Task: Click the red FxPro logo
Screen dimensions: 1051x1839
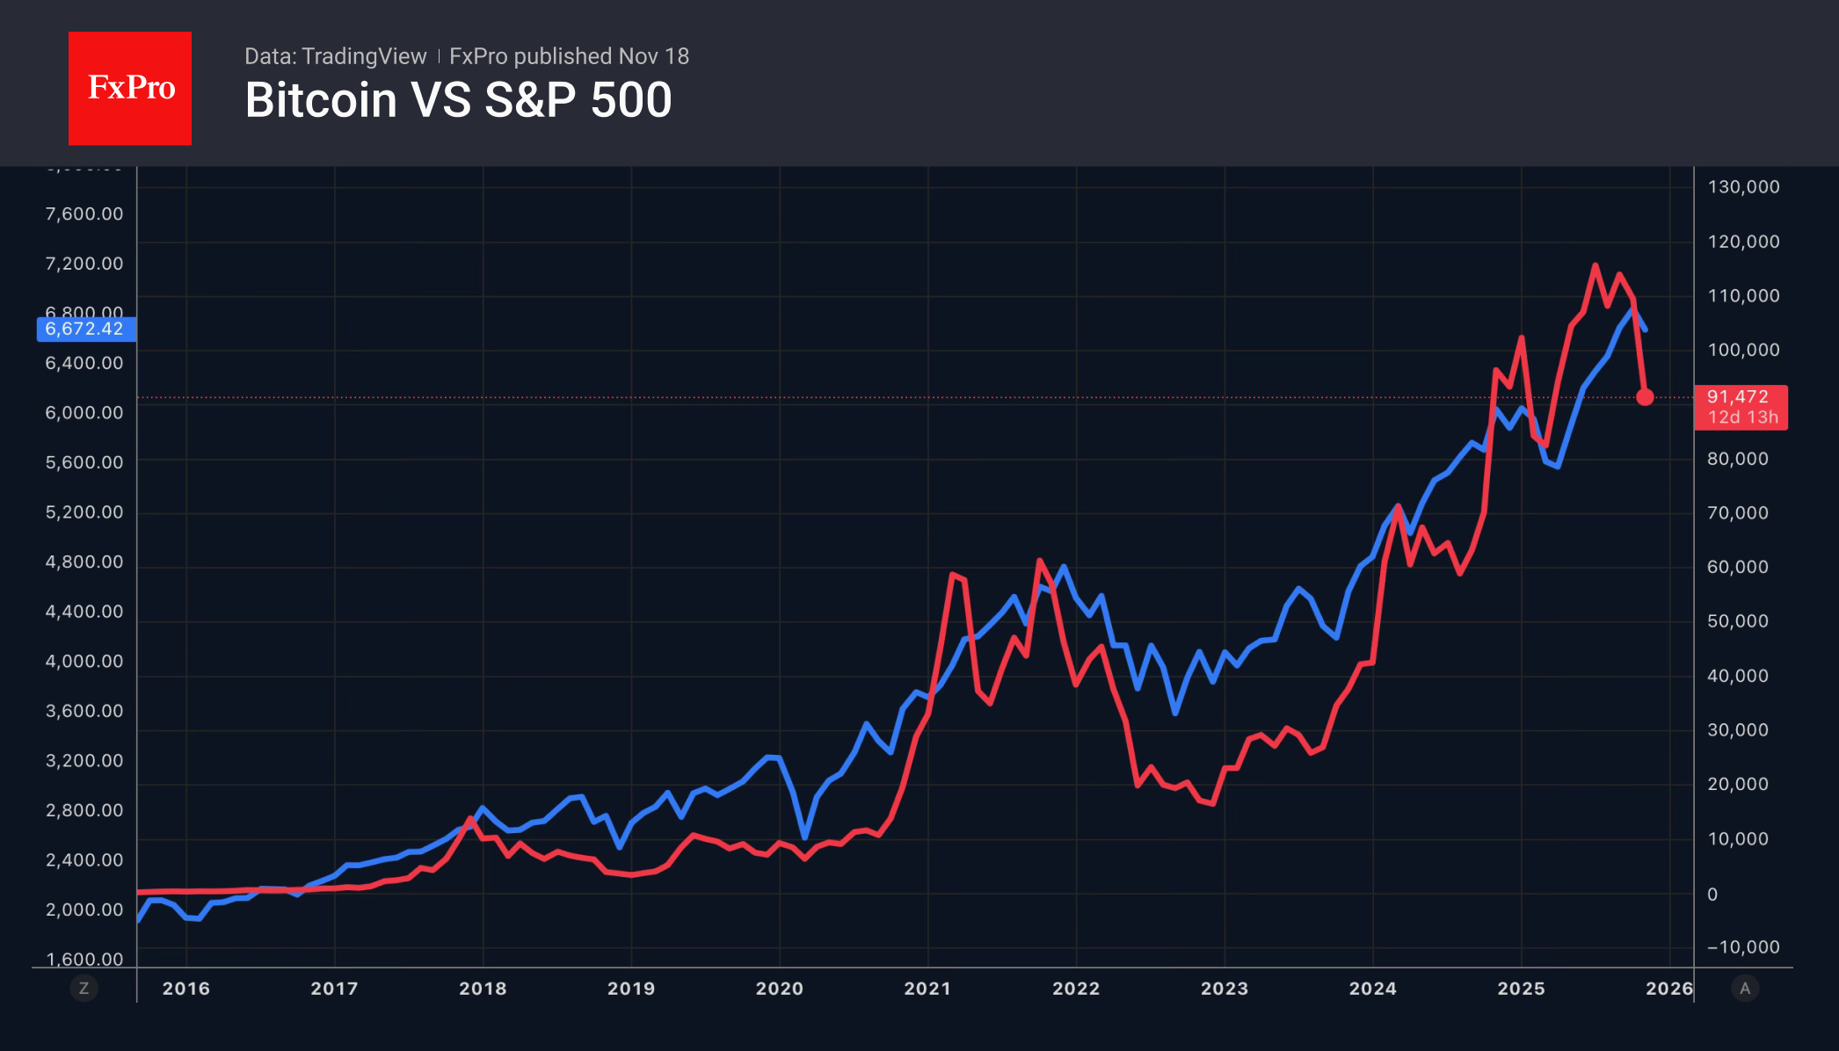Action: coord(130,88)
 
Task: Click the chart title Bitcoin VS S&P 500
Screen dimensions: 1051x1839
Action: coord(458,100)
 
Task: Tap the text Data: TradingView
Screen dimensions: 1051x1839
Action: coord(335,56)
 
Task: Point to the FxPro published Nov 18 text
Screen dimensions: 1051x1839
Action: coord(569,56)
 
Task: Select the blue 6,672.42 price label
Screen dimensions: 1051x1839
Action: coord(85,329)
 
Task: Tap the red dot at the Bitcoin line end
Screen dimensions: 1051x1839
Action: coord(1645,397)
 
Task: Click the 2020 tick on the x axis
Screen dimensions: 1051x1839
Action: coord(779,988)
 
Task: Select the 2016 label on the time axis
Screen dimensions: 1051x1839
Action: coord(186,988)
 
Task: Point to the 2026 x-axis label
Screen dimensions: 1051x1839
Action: coord(1668,988)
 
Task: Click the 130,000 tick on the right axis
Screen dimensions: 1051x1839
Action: coord(1743,186)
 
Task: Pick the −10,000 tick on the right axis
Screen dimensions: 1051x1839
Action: coord(1743,946)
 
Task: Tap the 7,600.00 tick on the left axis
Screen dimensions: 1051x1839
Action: coord(84,214)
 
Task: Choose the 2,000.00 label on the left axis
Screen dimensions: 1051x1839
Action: coord(84,910)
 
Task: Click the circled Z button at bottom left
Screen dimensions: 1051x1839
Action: coord(84,988)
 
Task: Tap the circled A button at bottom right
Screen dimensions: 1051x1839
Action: coord(1745,988)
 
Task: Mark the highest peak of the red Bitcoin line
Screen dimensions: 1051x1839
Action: coord(1595,265)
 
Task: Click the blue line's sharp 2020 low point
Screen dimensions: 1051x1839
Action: coord(804,837)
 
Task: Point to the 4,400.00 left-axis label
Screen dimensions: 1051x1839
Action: coord(84,612)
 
